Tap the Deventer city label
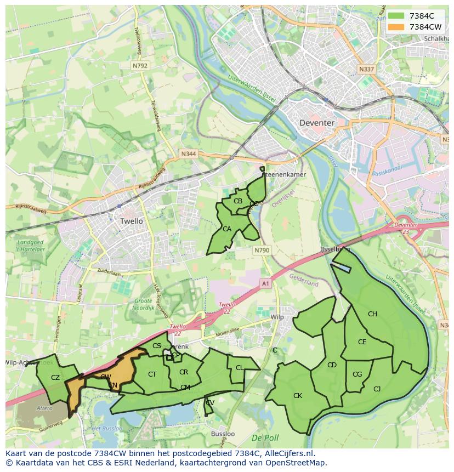[317, 123]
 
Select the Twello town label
[131, 221]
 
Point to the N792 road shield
[140, 65]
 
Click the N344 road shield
[188, 155]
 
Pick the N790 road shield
[262, 250]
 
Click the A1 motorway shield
[265, 283]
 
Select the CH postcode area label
[372, 314]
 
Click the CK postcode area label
[297, 395]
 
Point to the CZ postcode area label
[55, 377]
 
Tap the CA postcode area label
[226, 229]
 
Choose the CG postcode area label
[357, 374]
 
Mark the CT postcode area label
[152, 374]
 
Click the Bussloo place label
[223, 434]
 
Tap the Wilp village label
[277, 317]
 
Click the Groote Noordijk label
[143, 305]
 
